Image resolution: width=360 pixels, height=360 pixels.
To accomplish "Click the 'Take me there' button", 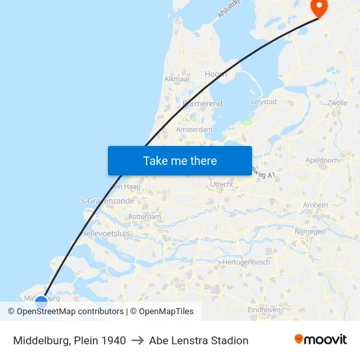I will point(180,160).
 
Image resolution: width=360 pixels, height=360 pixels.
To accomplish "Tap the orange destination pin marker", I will point(318,8).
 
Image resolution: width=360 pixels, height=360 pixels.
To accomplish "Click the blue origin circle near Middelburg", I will point(41,302).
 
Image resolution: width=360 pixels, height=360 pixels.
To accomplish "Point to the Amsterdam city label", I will point(194,130).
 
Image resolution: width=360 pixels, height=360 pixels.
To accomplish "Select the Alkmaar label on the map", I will point(177,78).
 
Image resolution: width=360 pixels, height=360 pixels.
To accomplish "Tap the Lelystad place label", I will point(264,102).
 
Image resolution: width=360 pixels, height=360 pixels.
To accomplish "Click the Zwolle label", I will point(337,103).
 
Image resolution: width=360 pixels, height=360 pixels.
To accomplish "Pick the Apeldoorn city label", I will point(322,160).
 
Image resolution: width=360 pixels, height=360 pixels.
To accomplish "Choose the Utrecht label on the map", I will point(221,185).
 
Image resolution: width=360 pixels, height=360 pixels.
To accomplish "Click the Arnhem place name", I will point(316,205).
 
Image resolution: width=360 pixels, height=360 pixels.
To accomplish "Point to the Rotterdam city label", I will point(145,216).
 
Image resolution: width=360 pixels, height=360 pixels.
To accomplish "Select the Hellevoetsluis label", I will point(105,233).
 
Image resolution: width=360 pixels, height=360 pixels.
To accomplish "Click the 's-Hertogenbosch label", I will point(243,262).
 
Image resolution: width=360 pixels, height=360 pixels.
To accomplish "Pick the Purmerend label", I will point(203,103).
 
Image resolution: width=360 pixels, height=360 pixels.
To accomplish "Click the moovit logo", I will point(321,340).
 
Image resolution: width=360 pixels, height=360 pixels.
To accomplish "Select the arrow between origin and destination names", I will point(137,340).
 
